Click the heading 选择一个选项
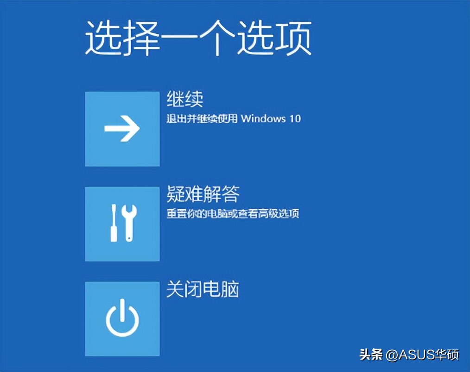click(198, 38)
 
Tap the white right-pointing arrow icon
click(122, 129)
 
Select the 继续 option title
click(184, 99)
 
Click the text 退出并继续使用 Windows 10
click(233, 118)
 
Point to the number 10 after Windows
click(295, 118)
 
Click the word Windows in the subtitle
click(263, 118)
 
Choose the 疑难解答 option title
click(203, 194)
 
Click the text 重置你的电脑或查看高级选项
click(233, 214)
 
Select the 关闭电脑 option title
click(203, 290)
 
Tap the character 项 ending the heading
click(293, 38)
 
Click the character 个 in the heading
click(217, 38)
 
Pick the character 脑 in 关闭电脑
click(230, 290)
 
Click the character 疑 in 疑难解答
click(176, 194)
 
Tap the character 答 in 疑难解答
click(230, 194)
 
